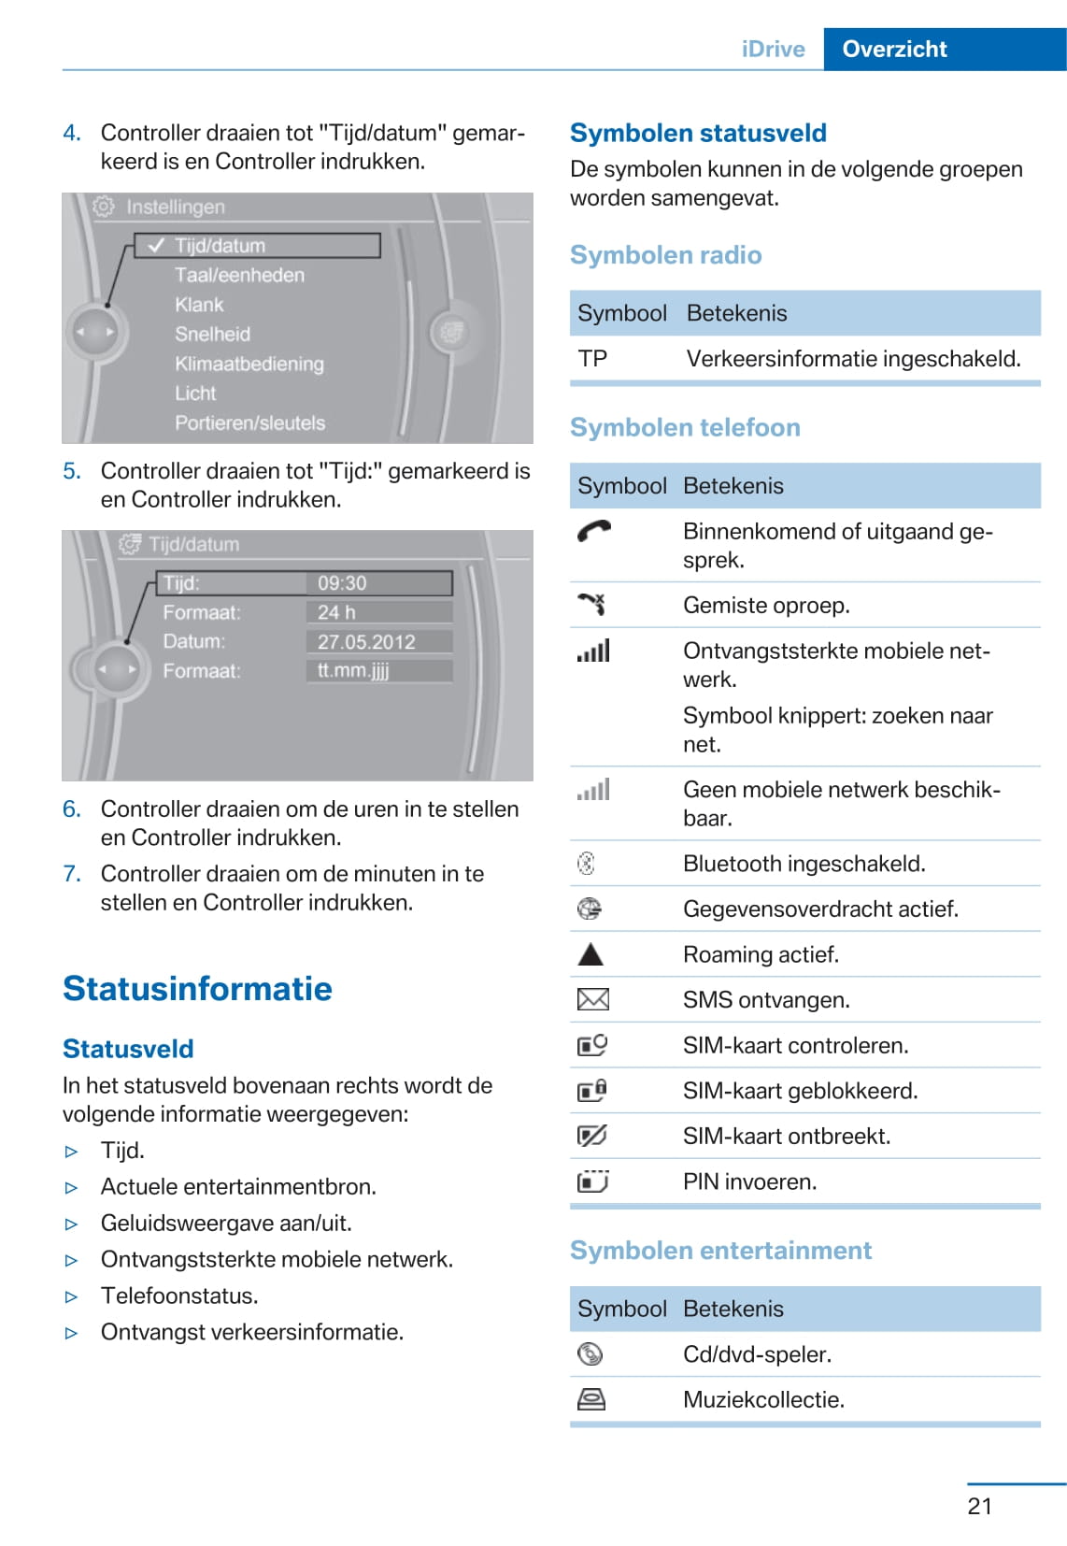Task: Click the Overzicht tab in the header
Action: (894, 50)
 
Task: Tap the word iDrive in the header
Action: (773, 50)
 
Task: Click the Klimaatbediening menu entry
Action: (249, 364)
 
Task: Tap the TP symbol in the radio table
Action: (592, 359)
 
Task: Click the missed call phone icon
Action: (591, 605)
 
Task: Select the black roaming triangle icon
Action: (590, 954)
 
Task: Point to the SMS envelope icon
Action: (592, 1000)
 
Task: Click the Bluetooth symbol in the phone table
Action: (586, 864)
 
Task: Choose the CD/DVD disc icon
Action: (590, 1354)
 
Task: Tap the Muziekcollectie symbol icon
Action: (591, 1399)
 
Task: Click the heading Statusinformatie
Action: (197, 989)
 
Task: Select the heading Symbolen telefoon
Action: (685, 428)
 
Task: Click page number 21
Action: (979, 1506)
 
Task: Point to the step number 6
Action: (71, 809)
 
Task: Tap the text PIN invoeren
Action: (749, 1182)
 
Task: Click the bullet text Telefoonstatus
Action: (179, 1296)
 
